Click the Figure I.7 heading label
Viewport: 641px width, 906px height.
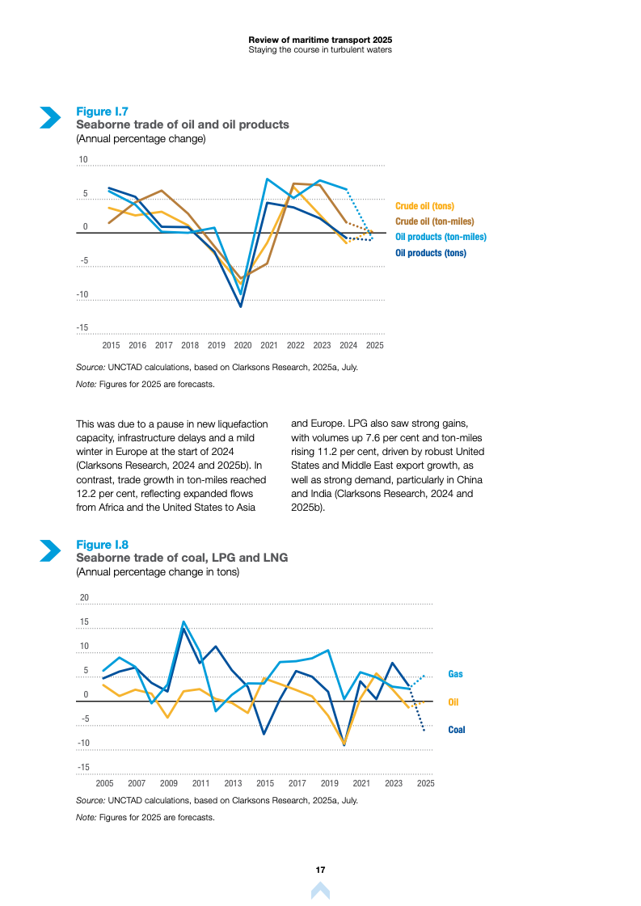coord(102,111)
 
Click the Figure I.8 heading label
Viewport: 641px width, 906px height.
coord(102,544)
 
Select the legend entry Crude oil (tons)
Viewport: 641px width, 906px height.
coord(424,206)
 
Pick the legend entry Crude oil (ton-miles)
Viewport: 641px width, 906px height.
coord(434,221)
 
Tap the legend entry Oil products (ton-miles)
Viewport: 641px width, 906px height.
coord(441,237)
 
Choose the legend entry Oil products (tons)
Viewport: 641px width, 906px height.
coord(431,253)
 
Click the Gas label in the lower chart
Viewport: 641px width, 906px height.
coord(456,674)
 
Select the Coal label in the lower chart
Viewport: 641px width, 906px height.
coord(457,730)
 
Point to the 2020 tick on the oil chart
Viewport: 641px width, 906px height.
coord(242,345)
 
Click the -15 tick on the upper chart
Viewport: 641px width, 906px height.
coord(82,328)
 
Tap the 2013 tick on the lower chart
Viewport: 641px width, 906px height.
coord(233,784)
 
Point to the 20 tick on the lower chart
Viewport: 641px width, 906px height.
coord(83,597)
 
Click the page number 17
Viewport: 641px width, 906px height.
coord(320,870)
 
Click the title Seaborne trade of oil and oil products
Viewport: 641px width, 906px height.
coord(182,124)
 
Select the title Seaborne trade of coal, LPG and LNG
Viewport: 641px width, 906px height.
coord(181,558)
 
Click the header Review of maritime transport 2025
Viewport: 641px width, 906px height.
coord(320,39)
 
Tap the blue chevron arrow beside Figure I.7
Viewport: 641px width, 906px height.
coord(50,117)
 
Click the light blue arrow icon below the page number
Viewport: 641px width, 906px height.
coord(320,891)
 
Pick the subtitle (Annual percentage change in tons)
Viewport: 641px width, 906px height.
coord(157,571)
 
